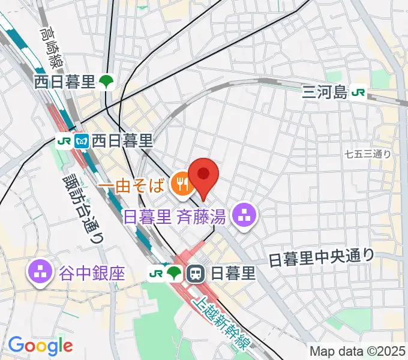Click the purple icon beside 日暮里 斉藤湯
(244, 217)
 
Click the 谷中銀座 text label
(92, 274)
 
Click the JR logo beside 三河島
(359, 92)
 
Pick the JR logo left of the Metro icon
(64, 142)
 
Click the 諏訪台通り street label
(82, 207)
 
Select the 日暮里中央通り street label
(321, 258)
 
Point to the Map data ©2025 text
(356, 351)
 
